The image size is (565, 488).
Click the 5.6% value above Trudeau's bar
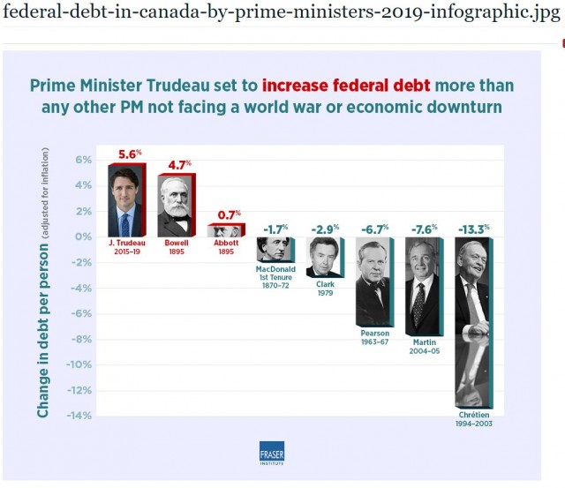(131, 152)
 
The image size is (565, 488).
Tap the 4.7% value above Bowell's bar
(179, 163)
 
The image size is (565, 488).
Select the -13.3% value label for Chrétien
(473, 229)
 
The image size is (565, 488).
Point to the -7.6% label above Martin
(424, 229)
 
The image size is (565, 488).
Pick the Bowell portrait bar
(177, 205)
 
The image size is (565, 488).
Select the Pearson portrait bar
(373, 282)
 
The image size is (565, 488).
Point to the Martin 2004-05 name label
(423, 345)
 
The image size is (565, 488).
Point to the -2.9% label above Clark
(325, 229)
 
